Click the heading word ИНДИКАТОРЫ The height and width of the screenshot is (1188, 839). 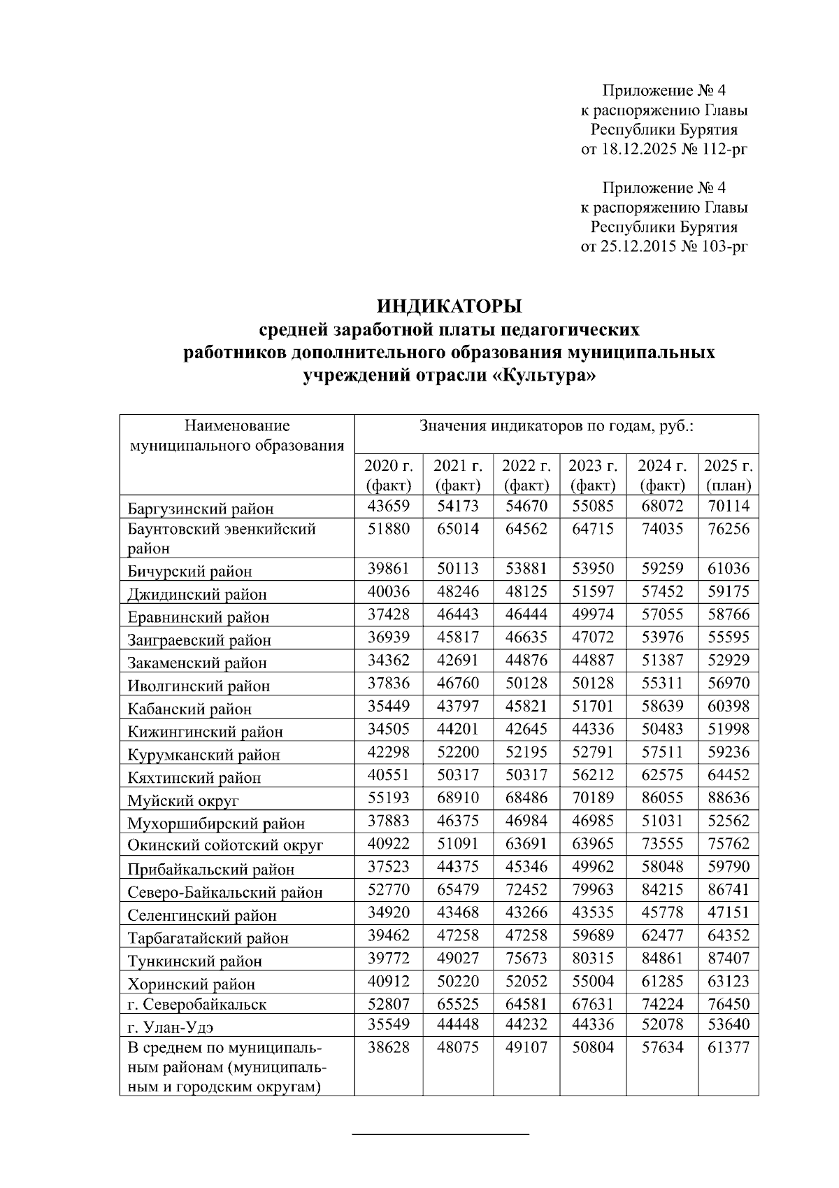[x=450, y=306]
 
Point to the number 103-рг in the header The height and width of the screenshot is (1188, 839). [x=724, y=246]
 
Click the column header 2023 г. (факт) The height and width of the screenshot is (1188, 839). [x=592, y=475]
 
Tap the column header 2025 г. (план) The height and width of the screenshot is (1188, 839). [x=728, y=475]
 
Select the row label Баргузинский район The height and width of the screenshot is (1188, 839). [x=201, y=509]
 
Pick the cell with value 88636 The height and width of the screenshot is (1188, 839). [x=728, y=798]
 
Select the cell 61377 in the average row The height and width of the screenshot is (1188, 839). [x=728, y=1047]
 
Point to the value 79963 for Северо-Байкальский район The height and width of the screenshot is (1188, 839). [x=592, y=889]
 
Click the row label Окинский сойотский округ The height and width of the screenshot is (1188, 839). [x=225, y=846]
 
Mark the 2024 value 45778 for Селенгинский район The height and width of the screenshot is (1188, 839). [x=661, y=912]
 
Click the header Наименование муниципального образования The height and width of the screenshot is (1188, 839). [x=237, y=435]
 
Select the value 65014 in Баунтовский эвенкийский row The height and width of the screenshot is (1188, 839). [x=457, y=529]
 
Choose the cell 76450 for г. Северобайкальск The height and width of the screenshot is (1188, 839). [x=728, y=1004]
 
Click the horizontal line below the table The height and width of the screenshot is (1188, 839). [x=440, y=1133]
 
